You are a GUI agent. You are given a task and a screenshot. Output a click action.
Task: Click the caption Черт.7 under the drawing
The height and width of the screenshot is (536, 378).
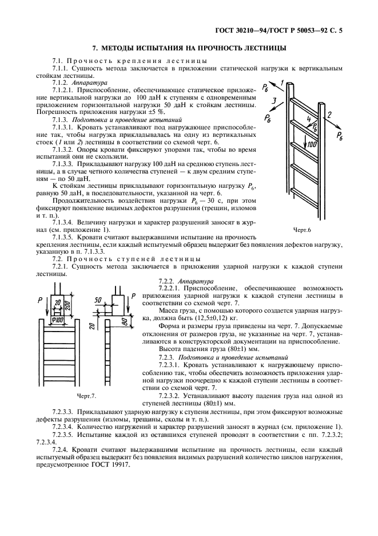(86, 396)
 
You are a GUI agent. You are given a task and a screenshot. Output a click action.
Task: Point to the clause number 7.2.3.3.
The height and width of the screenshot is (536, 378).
(65, 411)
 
